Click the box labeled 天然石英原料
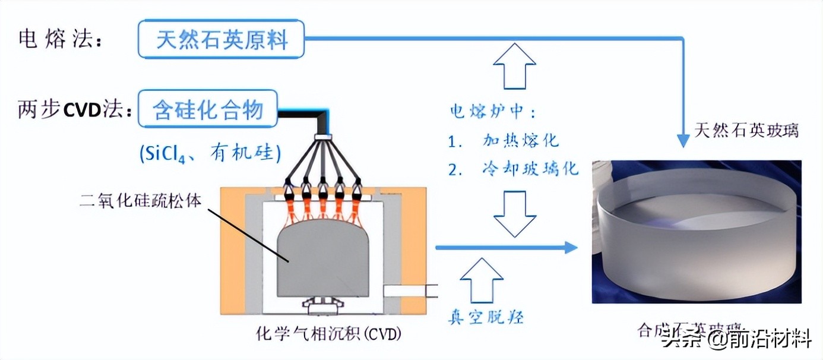tap(221, 40)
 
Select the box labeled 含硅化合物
tap(208, 109)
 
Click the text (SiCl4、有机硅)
tap(209, 154)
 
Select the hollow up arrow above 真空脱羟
tap(482, 280)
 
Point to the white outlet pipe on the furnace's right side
tap(410, 291)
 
